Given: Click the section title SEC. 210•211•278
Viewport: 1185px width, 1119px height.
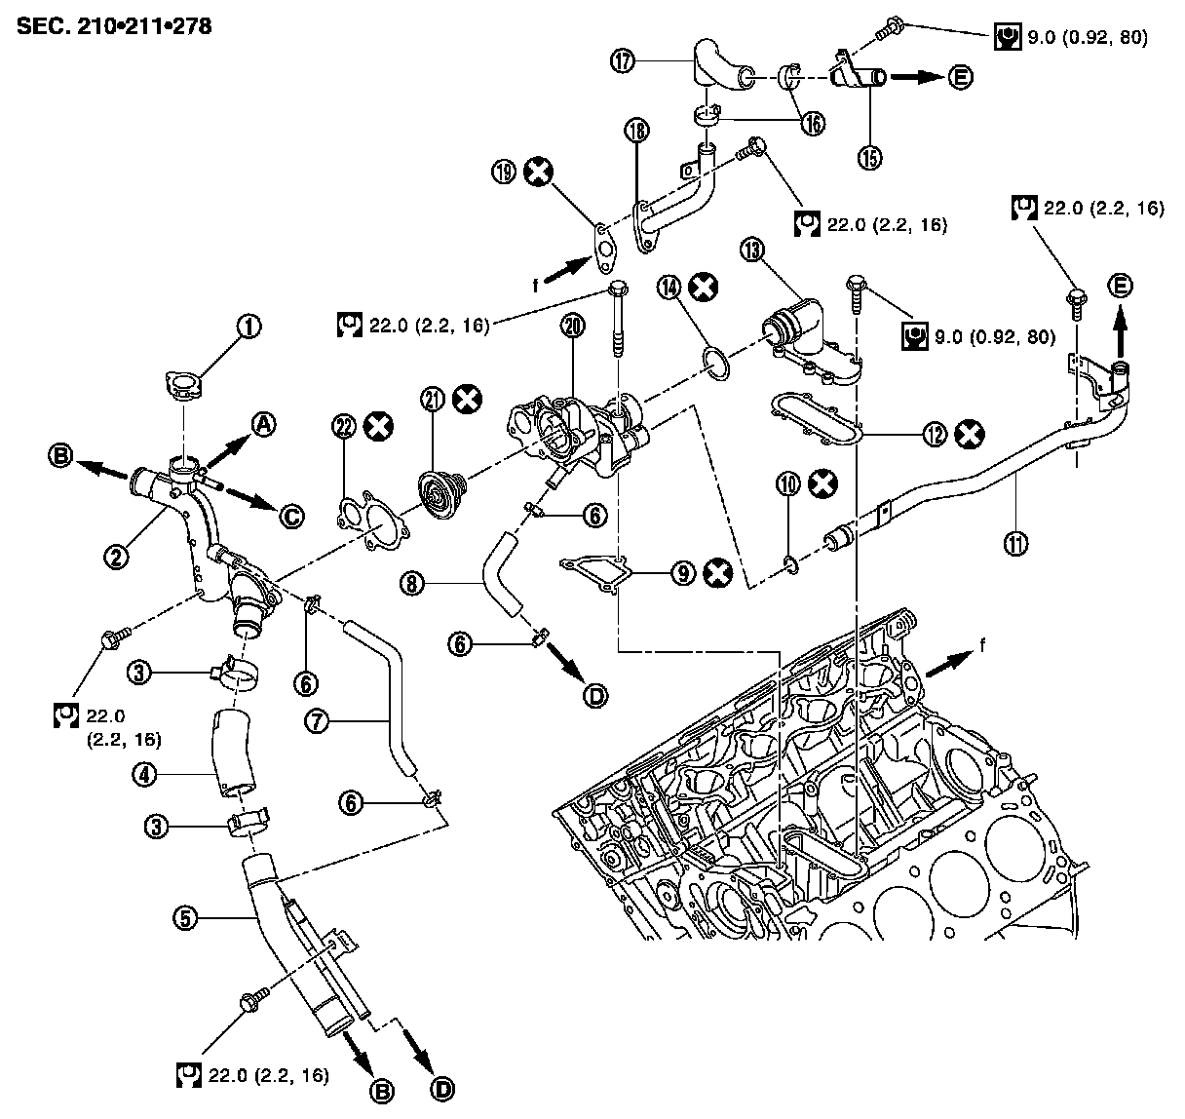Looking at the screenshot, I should tap(114, 24).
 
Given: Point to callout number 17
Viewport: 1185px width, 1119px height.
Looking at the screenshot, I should tap(623, 60).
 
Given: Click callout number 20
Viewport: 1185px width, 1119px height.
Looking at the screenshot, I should tap(573, 328).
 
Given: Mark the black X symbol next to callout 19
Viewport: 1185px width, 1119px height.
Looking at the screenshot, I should tap(537, 174).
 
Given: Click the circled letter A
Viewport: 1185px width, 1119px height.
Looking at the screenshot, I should tap(262, 422).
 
